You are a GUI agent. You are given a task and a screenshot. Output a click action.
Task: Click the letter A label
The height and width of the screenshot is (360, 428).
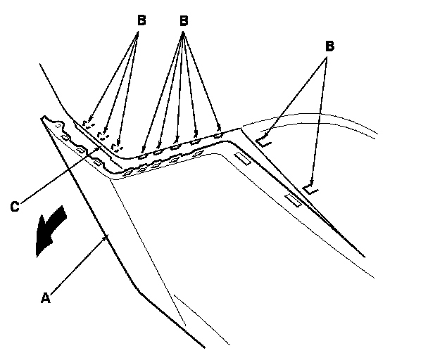[x=45, y=298]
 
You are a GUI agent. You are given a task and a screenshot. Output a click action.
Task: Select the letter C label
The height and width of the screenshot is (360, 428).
[x=14, y=206]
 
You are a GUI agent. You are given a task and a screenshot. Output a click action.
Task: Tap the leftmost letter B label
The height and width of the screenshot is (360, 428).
[x=141, y=20]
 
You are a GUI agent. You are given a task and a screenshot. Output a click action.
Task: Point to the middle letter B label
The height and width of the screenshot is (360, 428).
[x=184, y=20]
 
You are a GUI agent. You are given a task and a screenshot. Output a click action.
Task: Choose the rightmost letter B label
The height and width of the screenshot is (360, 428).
[x=329, y=46]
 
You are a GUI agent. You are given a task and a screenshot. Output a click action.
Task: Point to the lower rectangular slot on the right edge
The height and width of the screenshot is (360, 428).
[x=294, y=201]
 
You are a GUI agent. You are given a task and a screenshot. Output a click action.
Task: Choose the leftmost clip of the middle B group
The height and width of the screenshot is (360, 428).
[x=144, y=148]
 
